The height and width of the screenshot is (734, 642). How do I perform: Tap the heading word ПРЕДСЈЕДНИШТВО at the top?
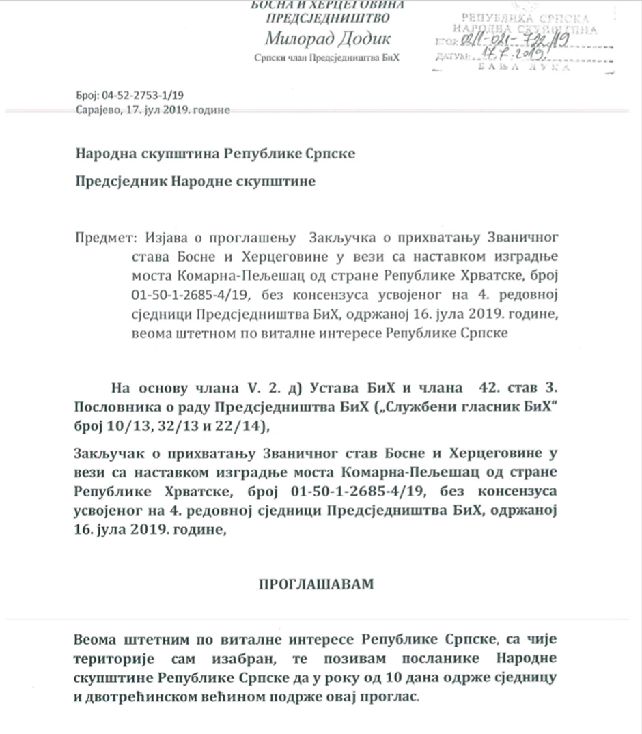tap(327, 18)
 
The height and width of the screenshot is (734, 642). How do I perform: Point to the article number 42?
tap(470, 388)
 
